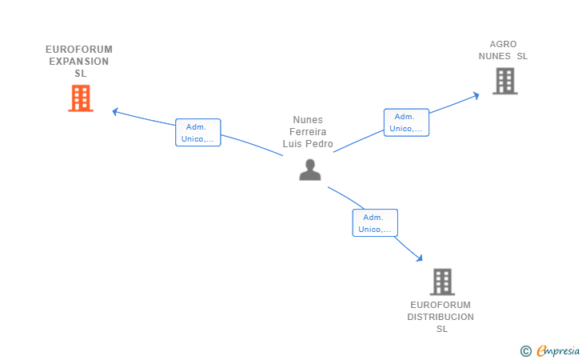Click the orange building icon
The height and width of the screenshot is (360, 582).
click(81, 98)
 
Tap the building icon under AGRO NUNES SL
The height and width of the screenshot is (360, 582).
click(504, 81)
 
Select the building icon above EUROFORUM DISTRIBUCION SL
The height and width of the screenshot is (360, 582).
click(442, 282)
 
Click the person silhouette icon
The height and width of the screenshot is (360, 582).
click(310, 170)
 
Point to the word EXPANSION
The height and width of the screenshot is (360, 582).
click(78, 62)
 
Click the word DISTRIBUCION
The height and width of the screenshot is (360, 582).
click(440, 317)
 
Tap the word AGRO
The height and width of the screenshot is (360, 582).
click(503, 44)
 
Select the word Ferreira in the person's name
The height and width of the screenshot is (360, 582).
click(308, 132)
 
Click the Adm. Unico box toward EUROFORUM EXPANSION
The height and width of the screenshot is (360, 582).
click(197, 133)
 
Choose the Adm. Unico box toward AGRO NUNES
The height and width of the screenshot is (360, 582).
click(406, 122)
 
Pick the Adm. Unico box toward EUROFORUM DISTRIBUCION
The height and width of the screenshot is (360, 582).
click(375, 223)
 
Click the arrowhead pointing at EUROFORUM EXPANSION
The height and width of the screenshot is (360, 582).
click(115, 111)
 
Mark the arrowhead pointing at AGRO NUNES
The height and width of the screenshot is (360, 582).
click(476, 96)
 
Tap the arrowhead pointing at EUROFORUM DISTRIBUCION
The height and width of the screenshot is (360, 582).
click(420, 258)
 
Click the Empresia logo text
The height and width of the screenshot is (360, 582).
click(558, 350)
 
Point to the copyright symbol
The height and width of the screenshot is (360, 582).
click(525, 351)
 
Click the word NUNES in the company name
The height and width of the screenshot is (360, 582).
click(494, 56)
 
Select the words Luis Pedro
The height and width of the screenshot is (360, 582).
click(308, 144)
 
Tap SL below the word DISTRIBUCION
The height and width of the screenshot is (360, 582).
click(441, 329)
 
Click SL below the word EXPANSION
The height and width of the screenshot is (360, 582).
click(81, 73)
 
